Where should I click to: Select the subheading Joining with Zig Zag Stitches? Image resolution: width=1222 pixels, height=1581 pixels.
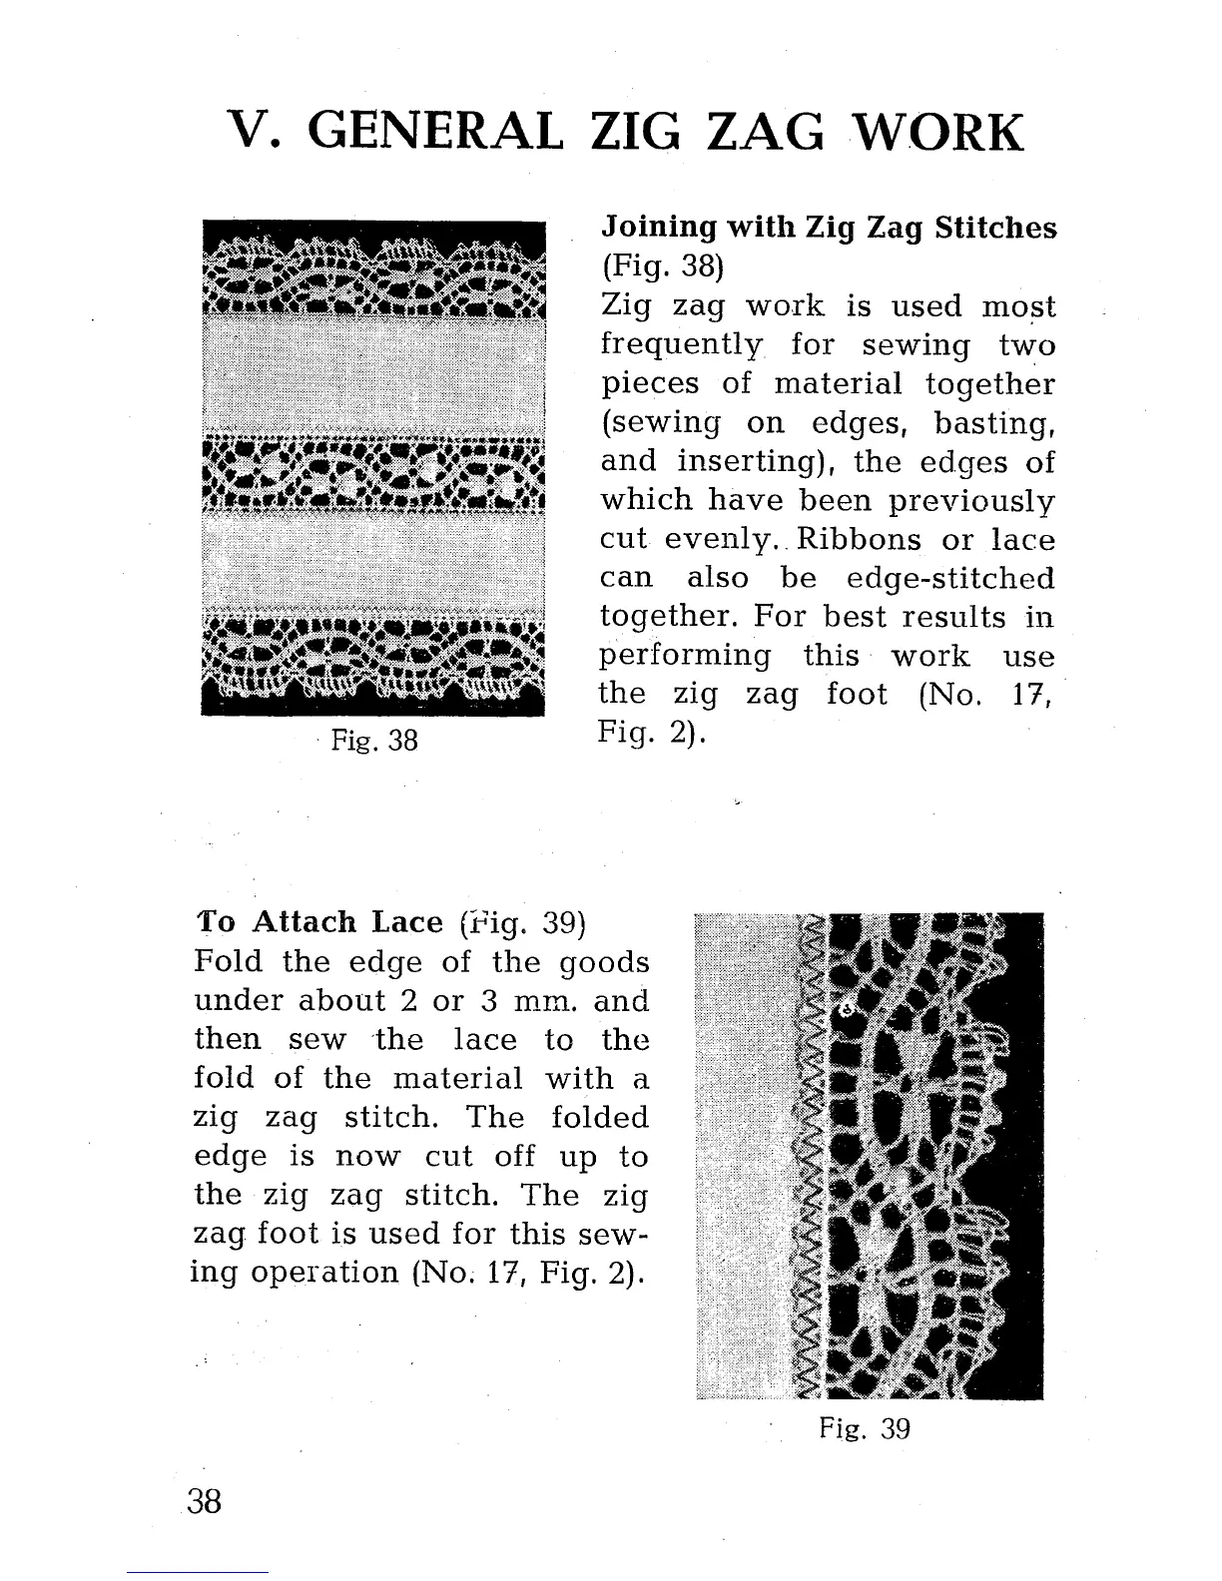[x=828, y=229]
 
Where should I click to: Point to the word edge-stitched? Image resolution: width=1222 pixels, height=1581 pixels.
[x=949, y=578]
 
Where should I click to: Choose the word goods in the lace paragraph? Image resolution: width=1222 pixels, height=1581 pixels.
[x=603, y=964]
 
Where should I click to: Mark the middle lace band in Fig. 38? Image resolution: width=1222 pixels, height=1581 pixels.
[x=373, y=473]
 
